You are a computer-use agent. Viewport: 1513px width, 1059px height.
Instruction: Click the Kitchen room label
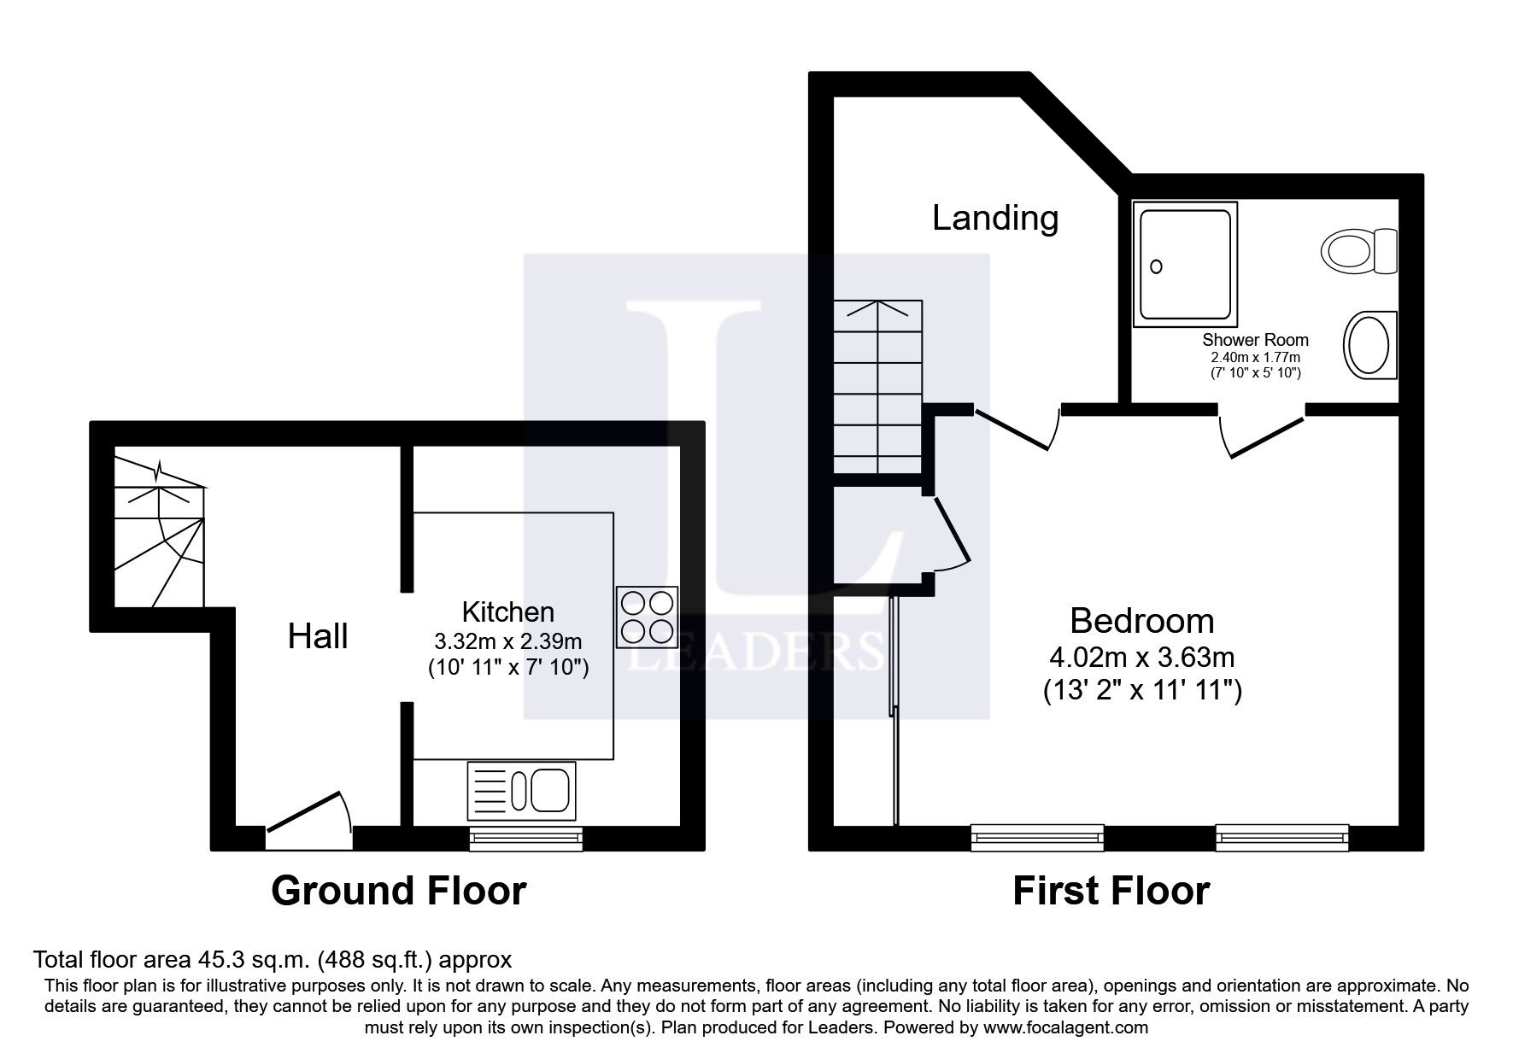507,611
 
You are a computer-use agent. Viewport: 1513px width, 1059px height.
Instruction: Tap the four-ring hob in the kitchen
647,617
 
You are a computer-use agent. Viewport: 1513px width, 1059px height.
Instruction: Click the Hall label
318,636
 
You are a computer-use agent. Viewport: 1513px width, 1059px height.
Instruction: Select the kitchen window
526,838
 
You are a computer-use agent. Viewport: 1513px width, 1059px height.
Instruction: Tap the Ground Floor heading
398,891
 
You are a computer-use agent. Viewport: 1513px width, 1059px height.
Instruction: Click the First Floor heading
1111,891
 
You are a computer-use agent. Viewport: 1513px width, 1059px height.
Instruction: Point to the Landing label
994,218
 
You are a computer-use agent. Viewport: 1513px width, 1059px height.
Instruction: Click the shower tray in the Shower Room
1184,265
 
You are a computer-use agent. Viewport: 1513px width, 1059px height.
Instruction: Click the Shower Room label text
1255,340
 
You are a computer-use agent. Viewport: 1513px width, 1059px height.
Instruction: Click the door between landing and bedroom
1017,427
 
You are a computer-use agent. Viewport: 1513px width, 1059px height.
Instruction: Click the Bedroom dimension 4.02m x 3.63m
1141,658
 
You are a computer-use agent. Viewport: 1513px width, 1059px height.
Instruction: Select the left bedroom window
1037,838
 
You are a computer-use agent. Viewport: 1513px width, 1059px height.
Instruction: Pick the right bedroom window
1281,838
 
